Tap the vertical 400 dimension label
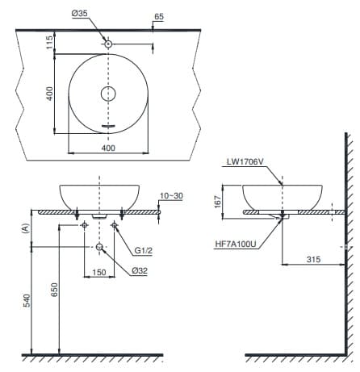pos(49,94)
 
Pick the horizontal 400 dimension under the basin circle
pos(108,148)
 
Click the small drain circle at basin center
pos(108,94)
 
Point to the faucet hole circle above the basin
pos(108,43)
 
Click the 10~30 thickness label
pos(171,196)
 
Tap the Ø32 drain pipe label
pos(142,270)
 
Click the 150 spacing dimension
pos(98,272)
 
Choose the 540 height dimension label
pos(27,300)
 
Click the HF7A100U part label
pos(237,242)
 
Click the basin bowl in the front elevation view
pos(99,196)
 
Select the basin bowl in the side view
pos(283,196)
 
